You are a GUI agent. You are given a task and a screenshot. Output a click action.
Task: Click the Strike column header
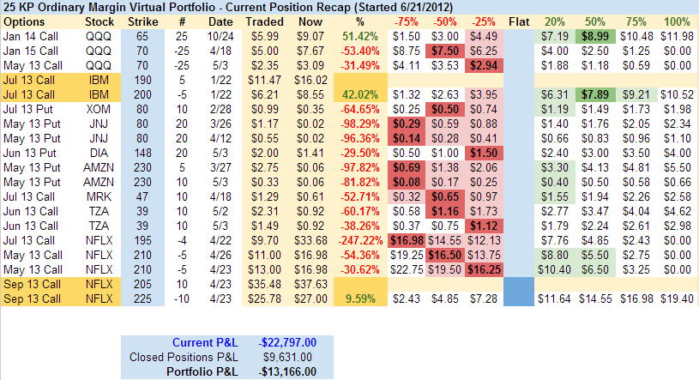pyautogui.click(x=142, y=21)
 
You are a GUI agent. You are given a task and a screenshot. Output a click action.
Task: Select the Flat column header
pyautogui.click(x=519, y=21)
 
